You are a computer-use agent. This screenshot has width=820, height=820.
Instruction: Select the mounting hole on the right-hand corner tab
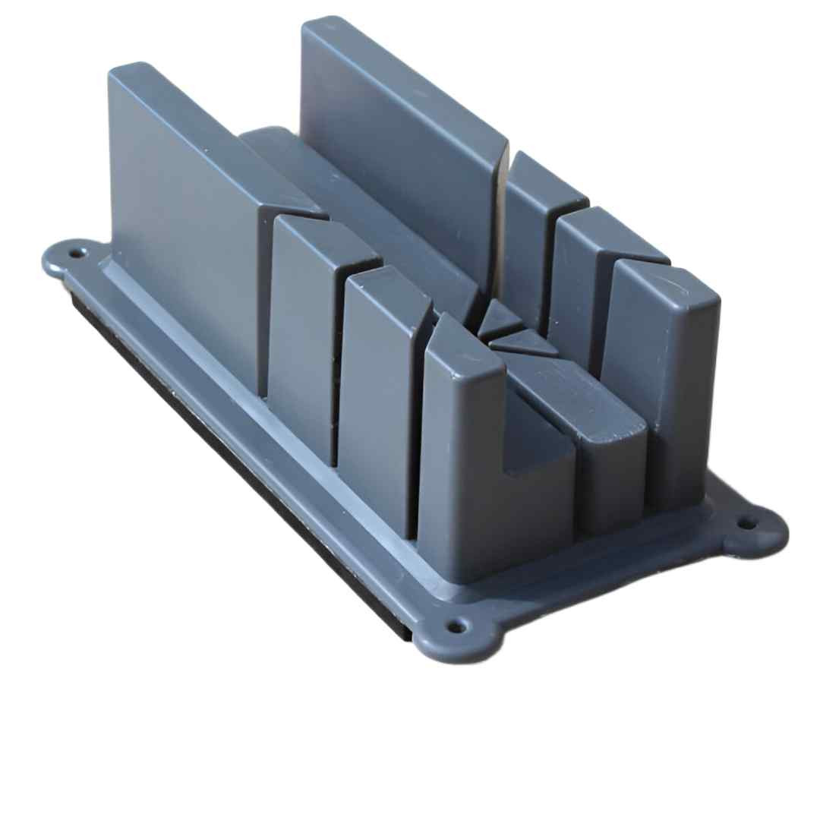tap(750, 523)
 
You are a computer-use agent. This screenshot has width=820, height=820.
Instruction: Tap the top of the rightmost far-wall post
tap(668, 285)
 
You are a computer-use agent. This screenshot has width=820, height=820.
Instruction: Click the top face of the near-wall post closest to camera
tap(463, 357)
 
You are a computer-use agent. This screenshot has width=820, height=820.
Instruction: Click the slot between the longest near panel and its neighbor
tap(263, 304)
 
